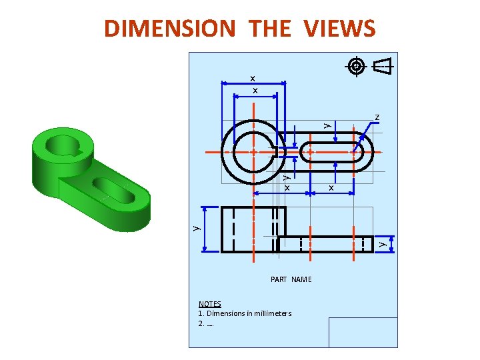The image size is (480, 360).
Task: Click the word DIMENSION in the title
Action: pos(170,28)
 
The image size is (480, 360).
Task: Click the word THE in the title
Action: pos(269,28)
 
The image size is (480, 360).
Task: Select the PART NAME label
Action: pos(291,279)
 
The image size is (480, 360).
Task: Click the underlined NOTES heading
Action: pos(210,304)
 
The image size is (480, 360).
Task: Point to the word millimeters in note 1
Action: pos(273,313)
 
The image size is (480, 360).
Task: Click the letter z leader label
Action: pos(377,117)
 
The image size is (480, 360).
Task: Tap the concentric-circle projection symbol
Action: pos(356,66)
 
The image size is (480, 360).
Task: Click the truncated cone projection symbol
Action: pos(383,66)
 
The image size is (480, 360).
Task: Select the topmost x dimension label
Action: pos(253,79)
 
